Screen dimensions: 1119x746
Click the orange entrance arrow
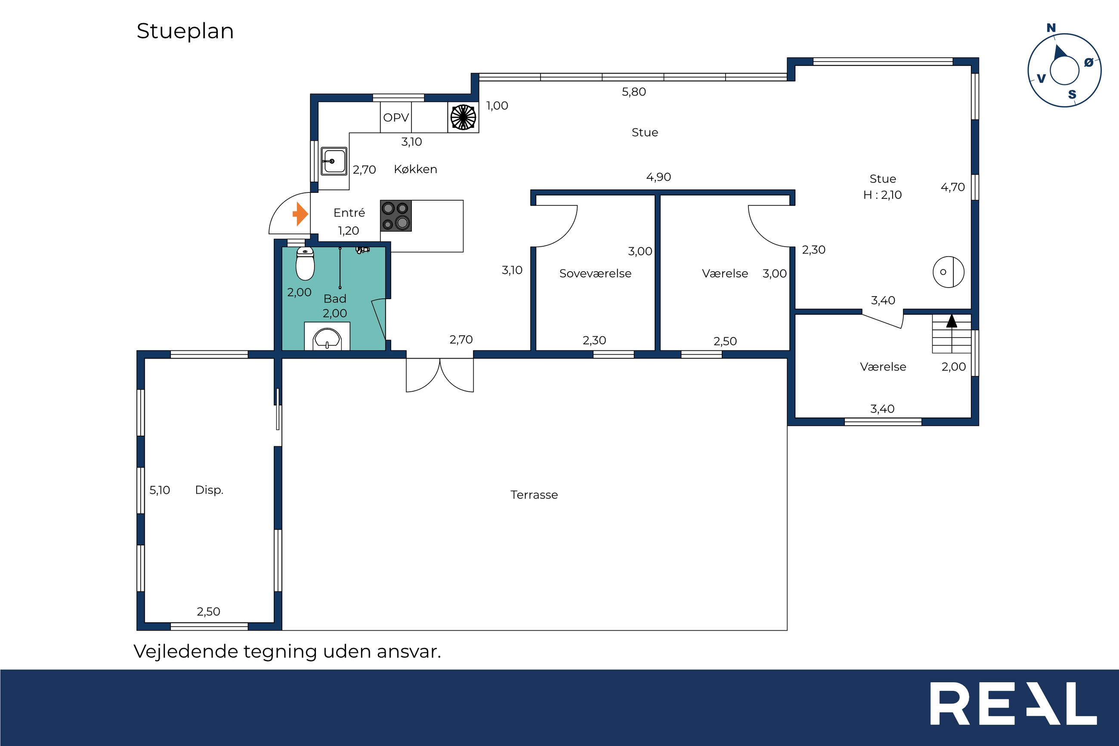pos(300,214)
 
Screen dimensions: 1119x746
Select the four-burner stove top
pos(396,216)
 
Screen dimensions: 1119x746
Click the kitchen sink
pos(334,161)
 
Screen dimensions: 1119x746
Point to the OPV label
pos(396,117)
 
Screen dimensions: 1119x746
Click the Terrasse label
pos(534,495)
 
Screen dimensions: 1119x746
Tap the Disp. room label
pos(209,490)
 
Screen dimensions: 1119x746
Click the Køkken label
pos(416,169)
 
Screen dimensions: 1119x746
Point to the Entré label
pos(349,212)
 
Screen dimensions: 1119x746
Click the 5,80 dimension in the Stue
pos(634,92)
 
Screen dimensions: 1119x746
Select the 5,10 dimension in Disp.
pos(160,490)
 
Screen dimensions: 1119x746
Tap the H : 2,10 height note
pos(883,195)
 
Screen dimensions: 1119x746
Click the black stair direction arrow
pos(952,321)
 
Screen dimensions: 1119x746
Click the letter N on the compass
pos(1051,28)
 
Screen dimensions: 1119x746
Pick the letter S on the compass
pos(1072,95)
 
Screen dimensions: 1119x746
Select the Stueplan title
pos(185,31)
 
